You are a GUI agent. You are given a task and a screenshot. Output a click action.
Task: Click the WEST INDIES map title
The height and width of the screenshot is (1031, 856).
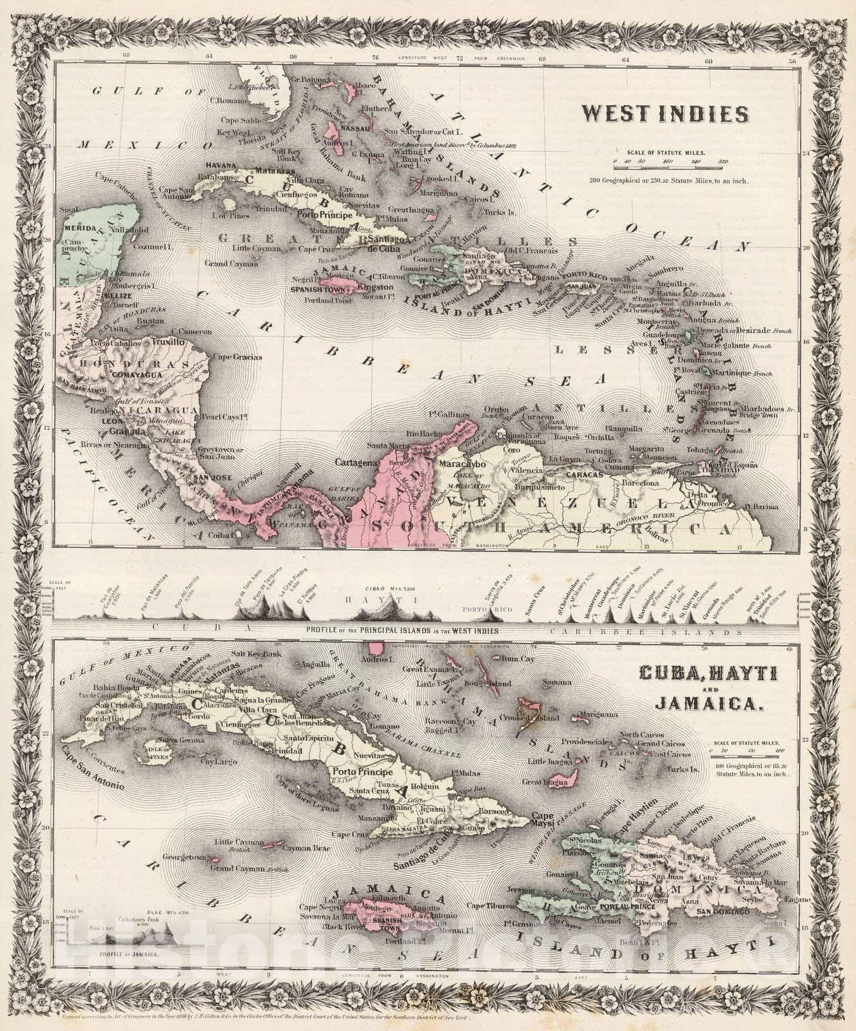click(665, 115)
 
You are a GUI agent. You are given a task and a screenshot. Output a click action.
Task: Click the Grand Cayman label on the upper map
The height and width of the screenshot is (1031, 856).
click(232, 264)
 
